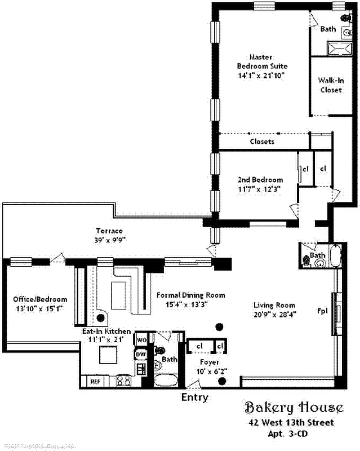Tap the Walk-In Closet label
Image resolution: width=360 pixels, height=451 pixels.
pyautogui.click(x=331, y=85)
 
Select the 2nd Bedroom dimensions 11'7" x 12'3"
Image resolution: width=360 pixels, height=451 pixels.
pyautogui.click(x=259, y=189)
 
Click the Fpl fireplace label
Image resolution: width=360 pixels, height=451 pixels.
pyautogui.click(x=323, y=311)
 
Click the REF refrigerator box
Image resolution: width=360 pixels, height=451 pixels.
pyautogui.click(x=95, y=382)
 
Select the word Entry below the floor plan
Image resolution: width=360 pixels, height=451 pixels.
pyautogui.click(x=194, y=397)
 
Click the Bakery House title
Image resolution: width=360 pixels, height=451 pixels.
pyautogui.click(x=293, y=408)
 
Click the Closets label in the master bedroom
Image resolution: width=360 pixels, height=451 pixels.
pyautogui.click(x=262, y=142)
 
